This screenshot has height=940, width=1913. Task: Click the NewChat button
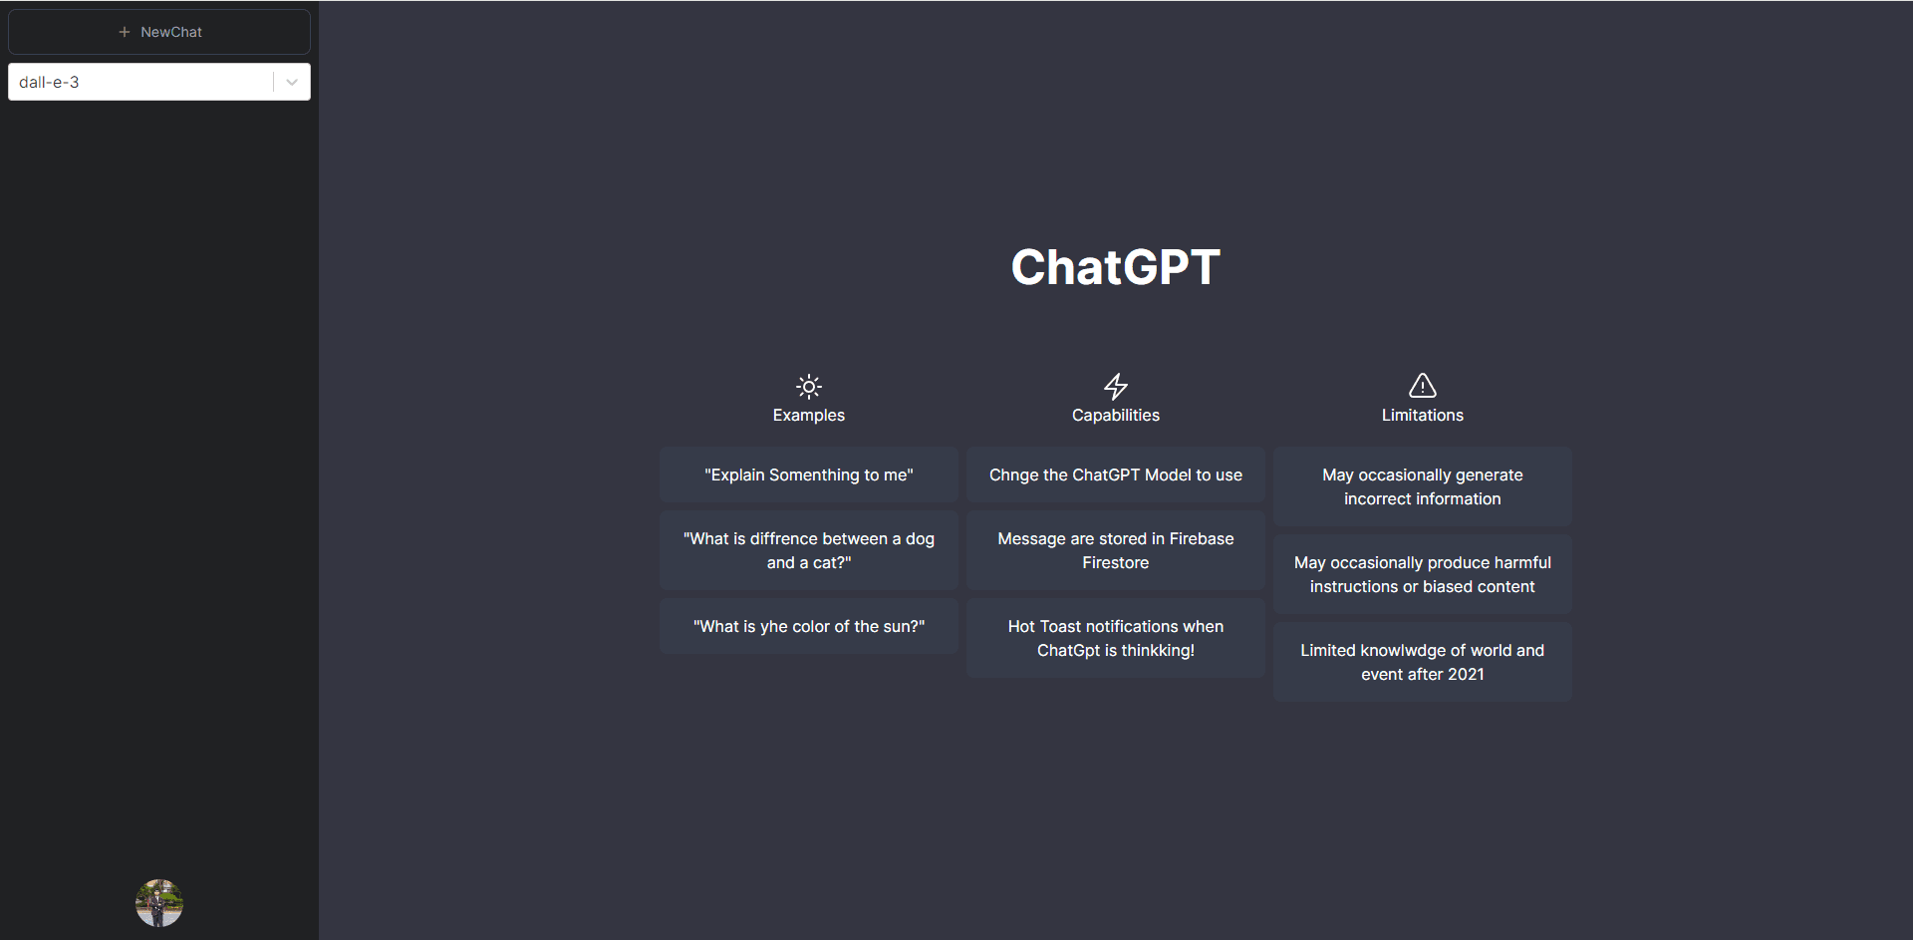pos(159,32)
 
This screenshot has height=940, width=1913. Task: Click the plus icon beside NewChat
pos(125,32)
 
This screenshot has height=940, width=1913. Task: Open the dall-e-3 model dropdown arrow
pos(292,82)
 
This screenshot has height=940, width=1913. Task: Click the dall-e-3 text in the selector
pos(49,82)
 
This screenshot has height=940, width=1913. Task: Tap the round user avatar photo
pos(159,903)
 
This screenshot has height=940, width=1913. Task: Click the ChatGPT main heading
pos(1115,267)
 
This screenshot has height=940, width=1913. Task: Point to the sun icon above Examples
pos(809,386)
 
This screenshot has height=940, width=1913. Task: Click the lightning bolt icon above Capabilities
pos(1116,386)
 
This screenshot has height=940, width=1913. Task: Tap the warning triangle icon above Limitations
pos(1423,385)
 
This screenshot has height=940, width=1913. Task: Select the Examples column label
pos(809,415)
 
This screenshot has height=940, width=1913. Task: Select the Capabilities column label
pos(1116,415)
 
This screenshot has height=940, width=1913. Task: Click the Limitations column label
pos(1423,415)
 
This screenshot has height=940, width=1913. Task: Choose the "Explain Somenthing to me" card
pos(809,474)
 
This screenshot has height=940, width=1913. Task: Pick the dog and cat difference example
pos(809,550)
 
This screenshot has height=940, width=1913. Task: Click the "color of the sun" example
pos(809,626)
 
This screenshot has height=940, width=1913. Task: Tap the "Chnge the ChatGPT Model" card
pos(1116,474)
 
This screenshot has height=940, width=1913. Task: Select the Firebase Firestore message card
pos(1116,550)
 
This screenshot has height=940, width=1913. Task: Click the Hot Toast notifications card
pos(1116,638)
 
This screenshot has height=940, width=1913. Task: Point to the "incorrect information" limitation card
pos(1423,486)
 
